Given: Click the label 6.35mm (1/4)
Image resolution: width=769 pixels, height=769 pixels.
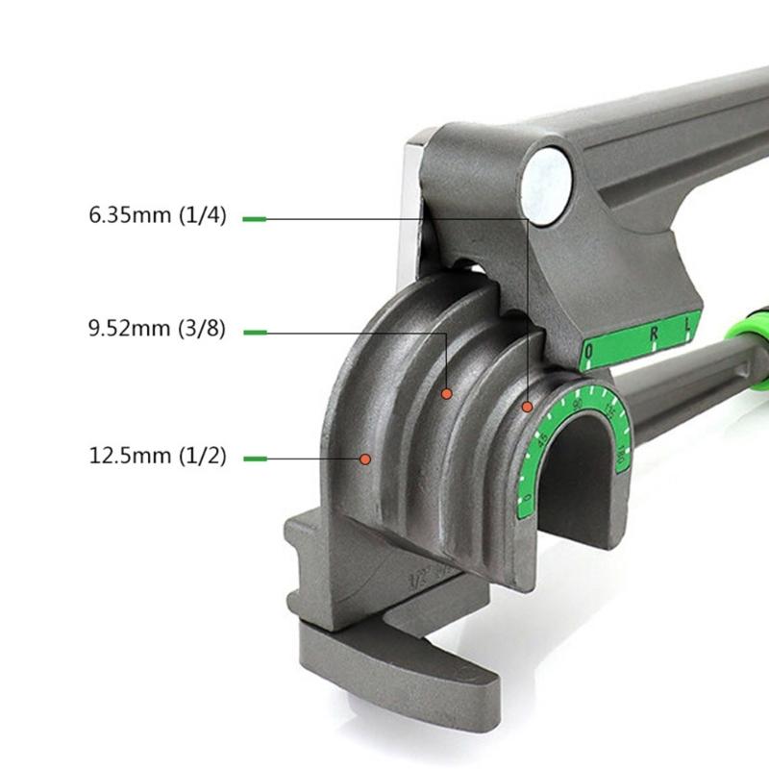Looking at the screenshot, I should pyautogui.click(x=158, y=216).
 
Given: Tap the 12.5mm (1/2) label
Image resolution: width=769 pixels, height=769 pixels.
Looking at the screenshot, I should pyautogui.click(x=158, y=457).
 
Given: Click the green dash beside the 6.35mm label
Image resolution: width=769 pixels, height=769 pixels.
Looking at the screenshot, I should pyautogui.click(x=255, y=218).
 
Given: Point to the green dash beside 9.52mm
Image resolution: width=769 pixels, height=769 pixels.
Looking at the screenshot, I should pyautogui.click(x=255, y=333).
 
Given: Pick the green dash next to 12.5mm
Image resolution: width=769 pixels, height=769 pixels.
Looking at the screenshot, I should pyautogui.click(x=255, y=459).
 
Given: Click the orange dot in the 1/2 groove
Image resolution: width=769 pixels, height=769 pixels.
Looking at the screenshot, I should pyautogui.click(x=365, y=459).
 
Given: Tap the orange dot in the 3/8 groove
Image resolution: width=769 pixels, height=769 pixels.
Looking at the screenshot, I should pyautogui.click(x=446, y=393).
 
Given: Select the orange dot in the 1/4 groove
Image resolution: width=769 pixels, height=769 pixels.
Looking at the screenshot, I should pyautogui.click(x=527, y=407).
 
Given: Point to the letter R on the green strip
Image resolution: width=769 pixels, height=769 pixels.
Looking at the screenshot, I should pyautogui.click(x=655, y=335).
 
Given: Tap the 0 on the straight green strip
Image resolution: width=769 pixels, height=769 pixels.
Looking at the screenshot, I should pyautogui.click(x=590, y=354).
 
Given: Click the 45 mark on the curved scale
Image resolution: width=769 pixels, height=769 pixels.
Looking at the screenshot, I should pyautogui.click(x=544, y=437).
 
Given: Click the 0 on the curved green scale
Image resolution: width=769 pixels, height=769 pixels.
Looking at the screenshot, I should pyautogui.click(x=528, y=498).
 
